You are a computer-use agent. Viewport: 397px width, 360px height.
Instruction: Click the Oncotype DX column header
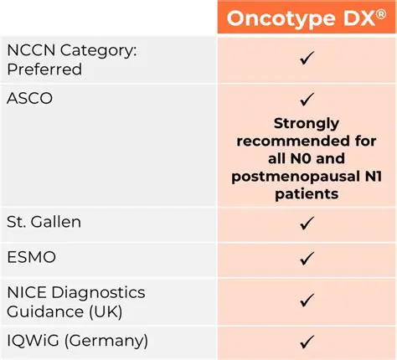tap(307, 17)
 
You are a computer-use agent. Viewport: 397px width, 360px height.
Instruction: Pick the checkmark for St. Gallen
tap(307, 224)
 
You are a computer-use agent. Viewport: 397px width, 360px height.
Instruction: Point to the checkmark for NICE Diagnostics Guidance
tap(307, 299)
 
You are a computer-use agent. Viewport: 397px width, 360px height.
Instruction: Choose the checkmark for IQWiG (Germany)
tap(307, 341)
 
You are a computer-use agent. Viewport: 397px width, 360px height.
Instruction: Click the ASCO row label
tap(31, 99)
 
